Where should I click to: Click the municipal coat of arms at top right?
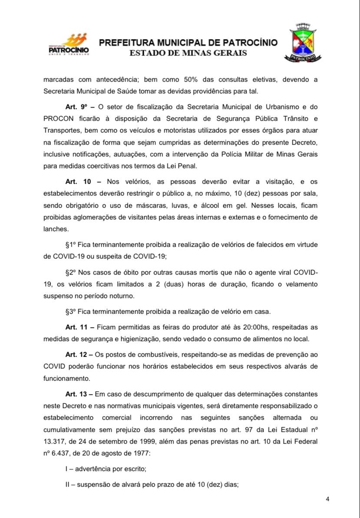(304, 43)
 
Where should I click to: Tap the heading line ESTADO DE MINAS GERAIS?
(188, 53)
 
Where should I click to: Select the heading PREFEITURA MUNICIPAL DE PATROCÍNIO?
(188, 43)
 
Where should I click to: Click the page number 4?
(327, 499)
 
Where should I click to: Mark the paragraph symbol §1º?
(71, 245)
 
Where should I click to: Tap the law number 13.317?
(55, 442)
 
